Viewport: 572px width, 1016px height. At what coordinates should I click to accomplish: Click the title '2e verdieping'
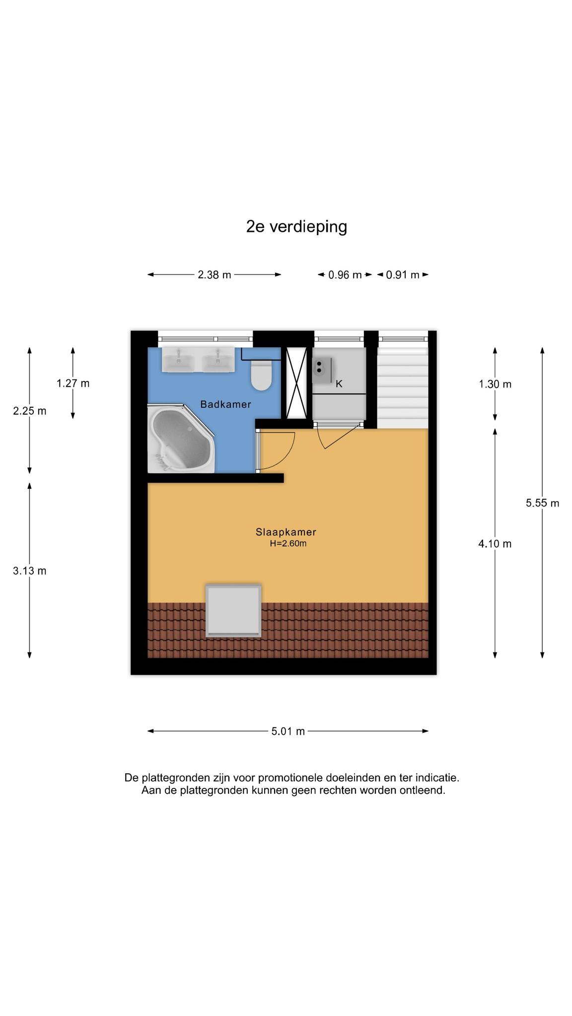pyautogui.click(x=296, y=227)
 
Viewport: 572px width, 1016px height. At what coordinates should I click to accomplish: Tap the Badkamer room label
pyautogui.click(x=226, y=404)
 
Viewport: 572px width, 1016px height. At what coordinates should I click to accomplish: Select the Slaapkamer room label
pyautogui.click(x=286, y=532)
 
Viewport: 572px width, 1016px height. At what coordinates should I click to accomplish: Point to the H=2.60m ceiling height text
pyautogui.click(x=288, y=543)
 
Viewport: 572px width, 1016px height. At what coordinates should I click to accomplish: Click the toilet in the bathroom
pyautogui.click(x=261, y=375)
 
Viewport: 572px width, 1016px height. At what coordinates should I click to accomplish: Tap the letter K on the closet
pyautogui.click(x=339, y=384)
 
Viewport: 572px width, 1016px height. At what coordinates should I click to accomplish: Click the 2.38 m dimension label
pyautogui.click(x=214, y=275)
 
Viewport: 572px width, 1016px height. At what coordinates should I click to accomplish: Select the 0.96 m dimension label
pyautogui.click(x=345, y=275)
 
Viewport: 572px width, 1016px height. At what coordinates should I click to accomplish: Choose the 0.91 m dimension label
pyautogui.click(x=403, y=275)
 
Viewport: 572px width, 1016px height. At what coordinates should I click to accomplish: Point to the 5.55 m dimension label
pyautogui.click(x=543, y=503)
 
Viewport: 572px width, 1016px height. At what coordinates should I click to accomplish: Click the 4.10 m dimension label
pyautogui.click(x=495, y=544)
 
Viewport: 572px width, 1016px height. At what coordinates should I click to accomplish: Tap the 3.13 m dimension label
pyautogui.click(x=30, y=571)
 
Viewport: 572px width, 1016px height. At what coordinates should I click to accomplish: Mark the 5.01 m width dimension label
pyautogui.click(x=288, y=731)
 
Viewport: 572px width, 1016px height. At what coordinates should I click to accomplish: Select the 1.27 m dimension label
pyautogui.click(x=73, y=383)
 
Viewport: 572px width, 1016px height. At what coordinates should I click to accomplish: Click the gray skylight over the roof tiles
pyautogui.click(x=233, y=611)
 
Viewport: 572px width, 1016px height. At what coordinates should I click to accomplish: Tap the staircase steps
pyautogui.click(x=403, y=387)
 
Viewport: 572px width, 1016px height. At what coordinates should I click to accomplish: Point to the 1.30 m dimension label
pyautogui.click(x=495, y=384)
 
